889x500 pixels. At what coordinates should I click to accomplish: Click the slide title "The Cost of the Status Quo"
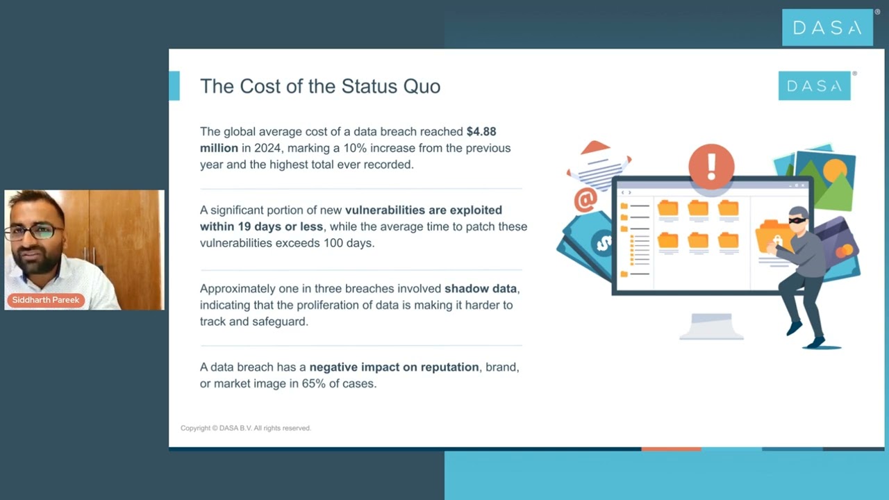320,86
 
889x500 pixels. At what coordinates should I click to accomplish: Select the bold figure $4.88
481,131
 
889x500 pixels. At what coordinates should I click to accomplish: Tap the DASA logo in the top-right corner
827,28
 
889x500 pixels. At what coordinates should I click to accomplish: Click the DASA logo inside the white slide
814,85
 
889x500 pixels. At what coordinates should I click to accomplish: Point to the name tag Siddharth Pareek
46,300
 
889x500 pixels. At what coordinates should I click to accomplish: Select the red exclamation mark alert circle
711,166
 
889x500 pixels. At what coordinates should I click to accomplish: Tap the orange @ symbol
585,200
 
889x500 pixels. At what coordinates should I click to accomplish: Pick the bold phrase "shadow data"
481,288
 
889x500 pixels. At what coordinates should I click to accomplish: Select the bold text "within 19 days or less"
261,226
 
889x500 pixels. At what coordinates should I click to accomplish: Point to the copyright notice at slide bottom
246,428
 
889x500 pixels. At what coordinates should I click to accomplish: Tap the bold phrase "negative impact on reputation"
394,367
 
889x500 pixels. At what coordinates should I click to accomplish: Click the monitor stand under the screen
711,326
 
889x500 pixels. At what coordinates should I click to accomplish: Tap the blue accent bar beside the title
174,85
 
